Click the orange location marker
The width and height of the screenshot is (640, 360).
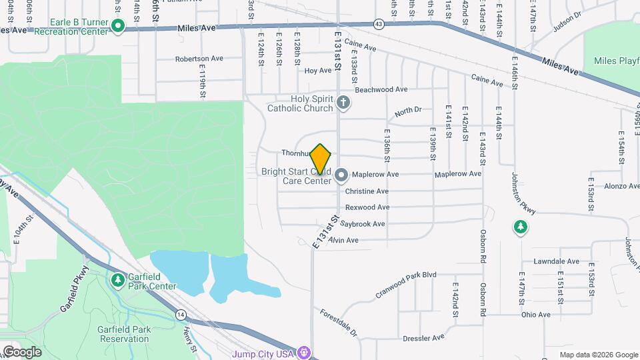pyautogui.click(x=321, y=159)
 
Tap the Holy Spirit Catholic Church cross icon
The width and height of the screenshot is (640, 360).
pyautogui.click(x=343, y=103)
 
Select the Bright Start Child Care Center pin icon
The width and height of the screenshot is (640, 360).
pyautogui.click(x=341, y=175)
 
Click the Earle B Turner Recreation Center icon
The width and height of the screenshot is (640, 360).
pyautogui.click(x=118, y=27)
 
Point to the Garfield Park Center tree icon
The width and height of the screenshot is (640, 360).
pyautogui.click(x=118, y=280)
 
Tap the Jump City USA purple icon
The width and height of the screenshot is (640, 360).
pyautogui.click(x=304, y=351)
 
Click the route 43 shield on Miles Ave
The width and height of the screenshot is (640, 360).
pyautogui.click(x=379, y=24)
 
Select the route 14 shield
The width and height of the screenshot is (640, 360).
pyautogui.click(x=181, y=314)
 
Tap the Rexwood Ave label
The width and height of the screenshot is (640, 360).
pyautogui.click(x=367, y=207)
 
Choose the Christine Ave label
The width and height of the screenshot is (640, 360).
pyautogui.click(x=367, y=191)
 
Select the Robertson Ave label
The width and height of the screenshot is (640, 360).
pyautogui.click(x=199, y=59)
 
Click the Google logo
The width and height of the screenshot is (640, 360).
pyautogui.click(x=21, y=351)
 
